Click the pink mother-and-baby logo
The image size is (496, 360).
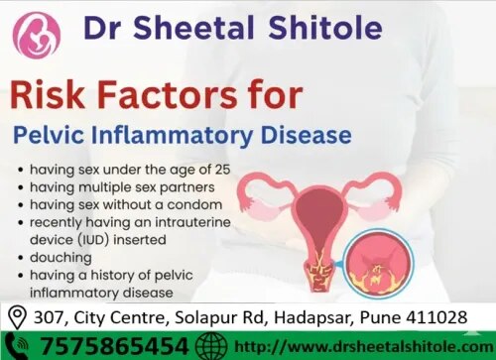(37, 36)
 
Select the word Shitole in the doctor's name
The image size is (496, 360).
(325, 27)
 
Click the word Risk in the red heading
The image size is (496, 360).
(48, 94)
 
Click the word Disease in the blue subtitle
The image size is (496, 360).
(306, 135)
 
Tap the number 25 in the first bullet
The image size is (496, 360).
(222, 170)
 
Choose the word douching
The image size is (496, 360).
(61, 258)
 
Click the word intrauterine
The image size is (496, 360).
(192, 222)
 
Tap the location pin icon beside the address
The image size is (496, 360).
(17, 317)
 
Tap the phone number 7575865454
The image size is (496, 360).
(114, 346)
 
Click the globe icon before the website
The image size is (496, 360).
(211, 346)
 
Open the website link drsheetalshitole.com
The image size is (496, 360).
(364, 347)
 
